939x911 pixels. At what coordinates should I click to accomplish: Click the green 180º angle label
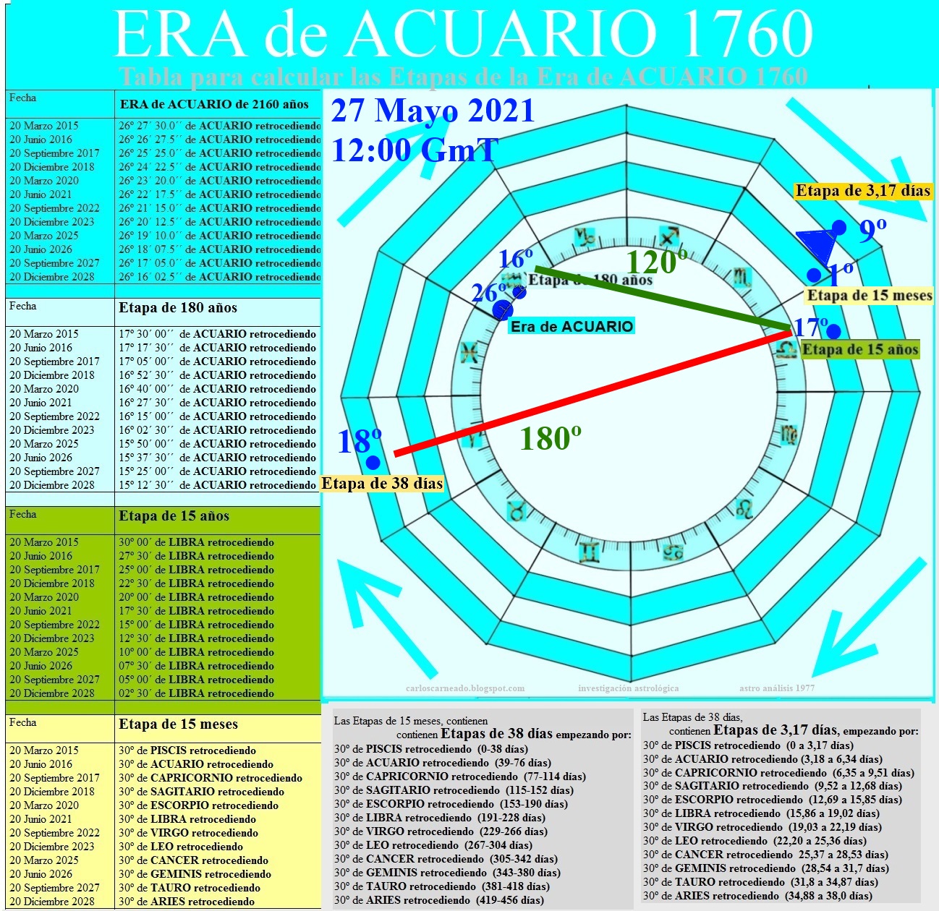pos(551,438)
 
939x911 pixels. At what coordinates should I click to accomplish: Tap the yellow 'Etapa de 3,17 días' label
pos(862,191)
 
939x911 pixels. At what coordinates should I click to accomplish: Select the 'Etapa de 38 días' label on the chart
pos(382,484)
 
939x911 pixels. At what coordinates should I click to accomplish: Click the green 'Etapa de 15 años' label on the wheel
pos(860,350)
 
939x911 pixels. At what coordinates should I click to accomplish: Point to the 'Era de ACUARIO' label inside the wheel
pos(572,326)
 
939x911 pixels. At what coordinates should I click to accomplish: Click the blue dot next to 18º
pos(373,463)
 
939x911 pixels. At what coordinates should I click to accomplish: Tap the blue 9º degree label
pos(872,231)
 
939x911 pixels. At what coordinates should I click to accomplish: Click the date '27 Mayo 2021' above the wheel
pos(433,111)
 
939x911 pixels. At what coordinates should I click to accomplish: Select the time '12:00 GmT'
pos(415,150)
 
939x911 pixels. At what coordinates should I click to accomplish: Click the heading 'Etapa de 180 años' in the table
pos(178,307)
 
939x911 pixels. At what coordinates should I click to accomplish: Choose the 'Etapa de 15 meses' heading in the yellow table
pos(178,724)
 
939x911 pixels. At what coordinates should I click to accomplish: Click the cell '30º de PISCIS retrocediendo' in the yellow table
pos(187,750)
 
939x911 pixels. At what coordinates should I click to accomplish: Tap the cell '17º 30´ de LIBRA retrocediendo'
pos(196,611)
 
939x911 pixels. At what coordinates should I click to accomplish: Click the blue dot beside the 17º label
pos(833,332)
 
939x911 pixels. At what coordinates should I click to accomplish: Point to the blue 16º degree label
pos(515,258)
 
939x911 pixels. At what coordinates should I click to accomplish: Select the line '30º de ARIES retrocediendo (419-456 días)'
pos(439,900)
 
